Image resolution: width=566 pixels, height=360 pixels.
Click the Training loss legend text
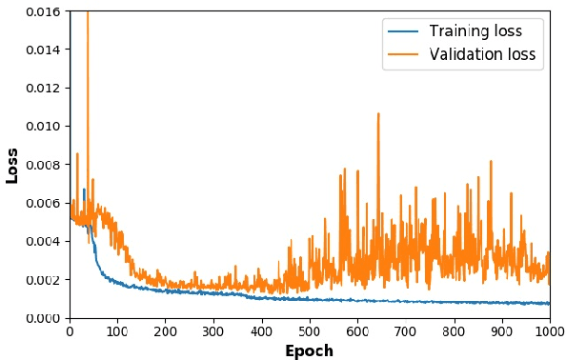coord(475,31)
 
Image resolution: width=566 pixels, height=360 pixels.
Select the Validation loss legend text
coord(482,55)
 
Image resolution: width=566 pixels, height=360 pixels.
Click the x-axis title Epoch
coord(309,350)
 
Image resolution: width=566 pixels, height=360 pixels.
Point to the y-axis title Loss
coord(12,165)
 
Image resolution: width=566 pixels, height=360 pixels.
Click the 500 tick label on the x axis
coord(310,330)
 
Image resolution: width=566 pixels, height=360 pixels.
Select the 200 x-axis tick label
coord(166,330)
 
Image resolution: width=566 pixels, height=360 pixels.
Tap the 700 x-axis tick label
coord(406,330)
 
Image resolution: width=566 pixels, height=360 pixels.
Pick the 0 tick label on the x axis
coord(70,330)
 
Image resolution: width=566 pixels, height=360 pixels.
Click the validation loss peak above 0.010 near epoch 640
coord(377,114)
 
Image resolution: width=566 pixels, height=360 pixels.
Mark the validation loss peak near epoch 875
coord(491,161)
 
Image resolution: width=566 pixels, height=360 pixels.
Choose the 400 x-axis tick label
coord(262,330)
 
